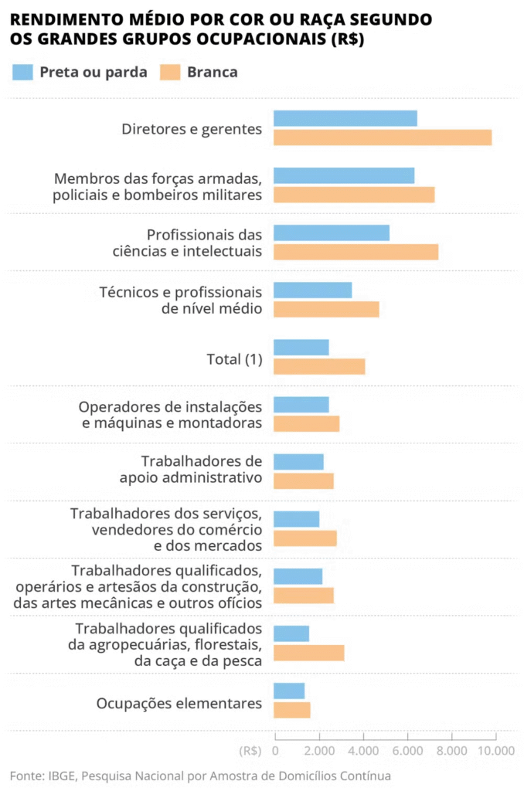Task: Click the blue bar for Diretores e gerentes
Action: (345, 118)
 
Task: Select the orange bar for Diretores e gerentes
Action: (383, 137)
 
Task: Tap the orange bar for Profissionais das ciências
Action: (356, 252)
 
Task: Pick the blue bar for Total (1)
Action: (301, 348)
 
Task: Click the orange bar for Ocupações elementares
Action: (292, 710)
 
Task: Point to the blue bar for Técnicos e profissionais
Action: (313, 290)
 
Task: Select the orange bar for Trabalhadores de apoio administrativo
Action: (304, 480)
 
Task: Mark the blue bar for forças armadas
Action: (344, 175)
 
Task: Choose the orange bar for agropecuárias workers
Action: (309, 653)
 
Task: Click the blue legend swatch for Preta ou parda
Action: (23, 73)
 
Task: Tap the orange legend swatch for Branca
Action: (170, 73)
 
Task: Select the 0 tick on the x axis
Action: (276, 750)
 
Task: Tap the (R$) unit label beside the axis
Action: (250, 750)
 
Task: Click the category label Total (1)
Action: (234, 359)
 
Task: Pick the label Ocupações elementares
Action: (179, 704)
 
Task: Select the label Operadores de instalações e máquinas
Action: (171, 415)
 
